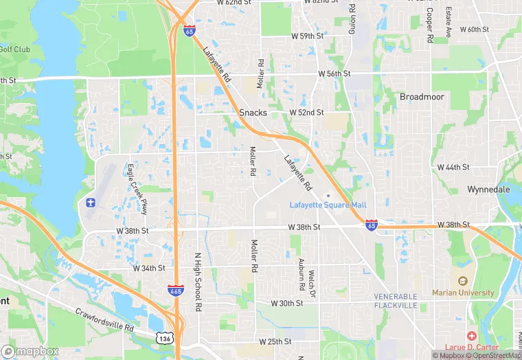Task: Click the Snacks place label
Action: [253, 113]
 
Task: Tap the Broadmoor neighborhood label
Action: [422, 97]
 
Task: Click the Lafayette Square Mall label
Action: [328, 205]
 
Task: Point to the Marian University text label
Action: [463, 293]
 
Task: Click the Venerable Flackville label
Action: [396, 300]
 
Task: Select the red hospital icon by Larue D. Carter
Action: [471, 336]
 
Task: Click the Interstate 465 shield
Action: [175, 291]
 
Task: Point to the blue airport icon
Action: [90, 202]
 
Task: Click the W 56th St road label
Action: [334, 74]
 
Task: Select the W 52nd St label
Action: [306, 112]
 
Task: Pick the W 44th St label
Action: [453, 167]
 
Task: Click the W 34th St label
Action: [149, 267]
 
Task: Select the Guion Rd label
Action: [351, 19]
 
